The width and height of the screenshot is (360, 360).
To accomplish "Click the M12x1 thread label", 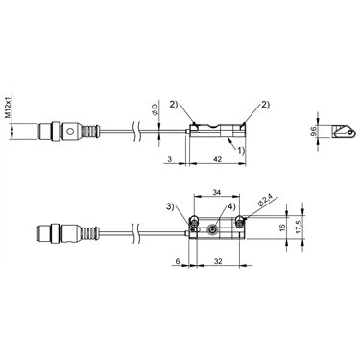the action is [x=9, y=106].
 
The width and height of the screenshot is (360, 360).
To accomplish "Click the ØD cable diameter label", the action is [x=155, y=108].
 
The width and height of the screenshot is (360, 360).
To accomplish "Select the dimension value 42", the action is [x=217, y=159].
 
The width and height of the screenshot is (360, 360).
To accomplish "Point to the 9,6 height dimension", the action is [x=314, y=132].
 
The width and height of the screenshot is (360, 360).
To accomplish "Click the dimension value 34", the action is [x=217, y=193].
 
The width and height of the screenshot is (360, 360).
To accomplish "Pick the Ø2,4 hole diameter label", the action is [x=265, y=202].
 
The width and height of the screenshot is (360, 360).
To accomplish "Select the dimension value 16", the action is [x=282, y=228].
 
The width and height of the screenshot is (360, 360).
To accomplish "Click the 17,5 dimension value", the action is [x=299, y=227].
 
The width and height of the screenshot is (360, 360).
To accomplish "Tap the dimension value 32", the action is [x=218, y=261].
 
